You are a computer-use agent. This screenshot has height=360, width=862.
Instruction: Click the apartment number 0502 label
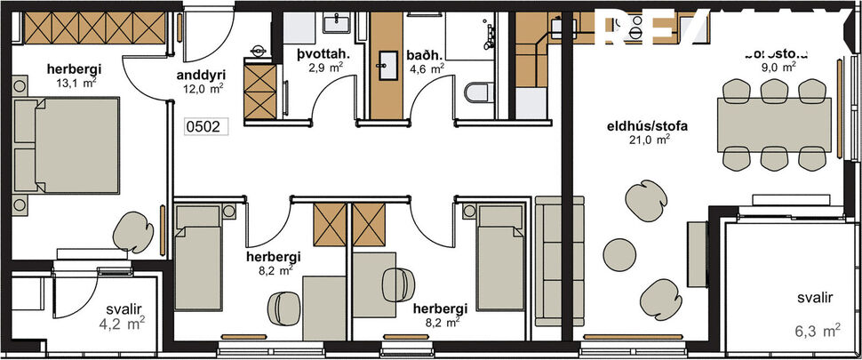tap(206, 127)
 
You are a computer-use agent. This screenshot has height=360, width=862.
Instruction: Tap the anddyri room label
tap(200, 76)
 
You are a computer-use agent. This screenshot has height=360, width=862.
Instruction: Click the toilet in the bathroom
tap(476, 92)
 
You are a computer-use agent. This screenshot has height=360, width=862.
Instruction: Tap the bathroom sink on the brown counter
tap(388, 63)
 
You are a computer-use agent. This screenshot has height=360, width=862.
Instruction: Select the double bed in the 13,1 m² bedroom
tap(68, 145)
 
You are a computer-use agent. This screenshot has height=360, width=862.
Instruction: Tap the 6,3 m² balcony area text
tap(818, 332)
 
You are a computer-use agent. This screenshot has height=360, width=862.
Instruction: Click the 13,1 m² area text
tap(76, 83)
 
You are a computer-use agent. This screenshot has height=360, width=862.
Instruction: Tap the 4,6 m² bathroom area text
tap(425, 68)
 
